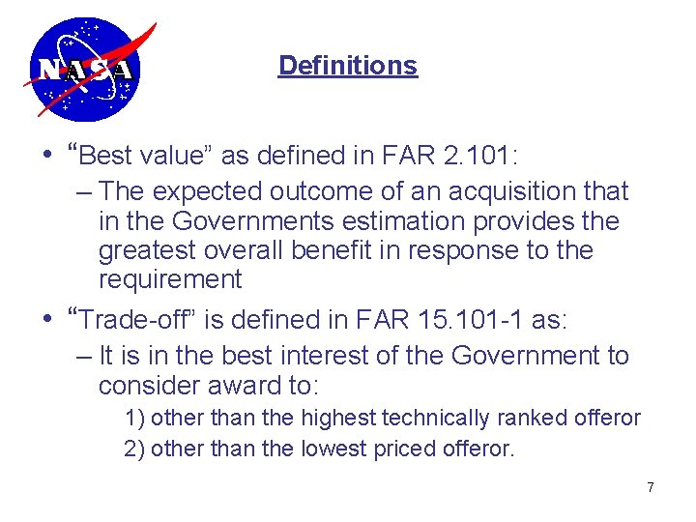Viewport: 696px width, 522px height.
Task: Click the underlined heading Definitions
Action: [x=347, y=66]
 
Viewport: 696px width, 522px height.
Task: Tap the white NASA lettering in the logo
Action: [x=85, y=71]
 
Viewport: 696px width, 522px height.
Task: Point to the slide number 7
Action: [x=651, y=487]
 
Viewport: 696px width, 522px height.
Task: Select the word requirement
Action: [x=170, y=280]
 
